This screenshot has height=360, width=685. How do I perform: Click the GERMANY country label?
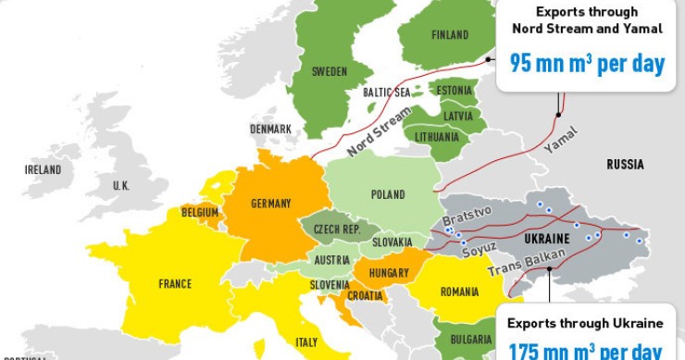pyautogui.click(x=270, y=204)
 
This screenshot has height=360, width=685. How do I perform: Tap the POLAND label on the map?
pyautogui.click(x=388, y=194)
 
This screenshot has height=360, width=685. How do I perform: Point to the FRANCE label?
pyautogui.click(x=175, y=284)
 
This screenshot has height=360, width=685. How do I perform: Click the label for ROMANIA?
pyautogui.click(x=459, y=292)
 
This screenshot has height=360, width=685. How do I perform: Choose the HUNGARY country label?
pyautogui.click(x=388, y=274)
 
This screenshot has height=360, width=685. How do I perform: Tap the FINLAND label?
pyautogui.click(x=450, y=35)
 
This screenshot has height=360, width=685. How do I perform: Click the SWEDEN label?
pyautogui.click(x=330, y=71)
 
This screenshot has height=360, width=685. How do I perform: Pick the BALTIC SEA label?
pyautogui.click(x=387, y=93)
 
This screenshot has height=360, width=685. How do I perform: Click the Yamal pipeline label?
pyautogui.click(x=560, y=143)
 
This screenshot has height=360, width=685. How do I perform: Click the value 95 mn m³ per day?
pyautogui.click(x=587, y=64)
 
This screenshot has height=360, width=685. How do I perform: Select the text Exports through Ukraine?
pyautogui.click(x=585, y=323)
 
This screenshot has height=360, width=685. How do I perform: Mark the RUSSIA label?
pyautogui.click(x=625, y=165)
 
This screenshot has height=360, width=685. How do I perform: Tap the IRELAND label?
pyautogui.click(x=43, y=170)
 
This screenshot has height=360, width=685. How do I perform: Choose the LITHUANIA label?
pyautogui.click(x=437, y=137)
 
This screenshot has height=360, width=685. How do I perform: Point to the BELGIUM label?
pyautogui.click(x=200, y=213)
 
